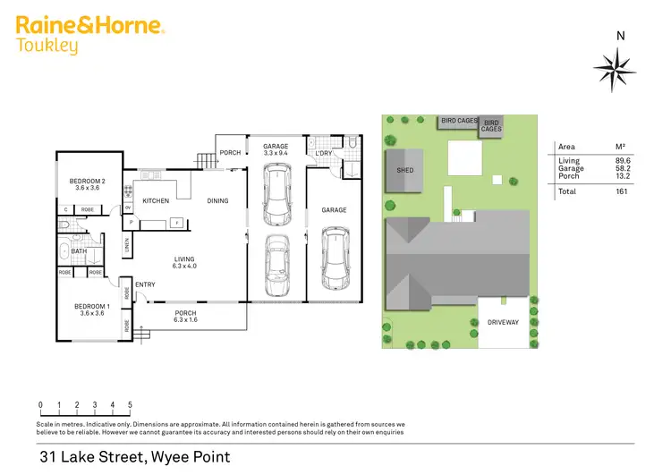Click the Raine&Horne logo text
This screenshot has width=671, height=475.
pos(89,26)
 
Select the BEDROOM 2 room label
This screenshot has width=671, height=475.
pos(88,184)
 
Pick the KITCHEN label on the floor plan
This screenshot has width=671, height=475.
pos(151,200)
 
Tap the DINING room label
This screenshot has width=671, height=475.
pos(217,200)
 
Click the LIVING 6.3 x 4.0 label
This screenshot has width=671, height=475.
pos(189,262)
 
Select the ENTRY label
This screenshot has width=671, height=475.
pos(145,284)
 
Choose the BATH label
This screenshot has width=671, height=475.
pos(80,251)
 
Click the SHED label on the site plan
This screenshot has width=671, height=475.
pos(405,169)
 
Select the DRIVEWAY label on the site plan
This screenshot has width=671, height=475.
pos(503,321)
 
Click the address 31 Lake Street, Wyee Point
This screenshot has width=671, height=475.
pos(134,457)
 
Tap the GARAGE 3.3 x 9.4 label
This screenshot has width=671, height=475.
pos(275,149)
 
